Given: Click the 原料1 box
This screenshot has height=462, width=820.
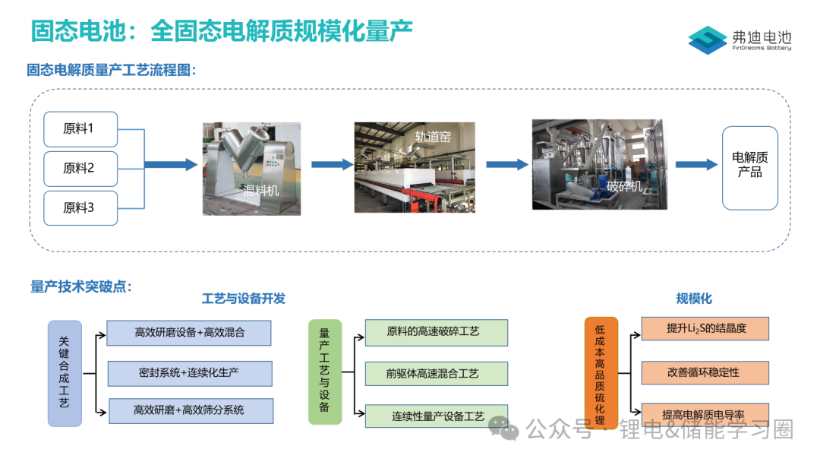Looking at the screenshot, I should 80,129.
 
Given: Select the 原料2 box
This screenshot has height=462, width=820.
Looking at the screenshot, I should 80,169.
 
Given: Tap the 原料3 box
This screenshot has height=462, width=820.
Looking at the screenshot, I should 80,208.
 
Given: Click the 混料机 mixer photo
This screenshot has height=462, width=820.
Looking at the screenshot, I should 251,169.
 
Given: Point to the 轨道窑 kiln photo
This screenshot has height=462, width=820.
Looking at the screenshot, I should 415,167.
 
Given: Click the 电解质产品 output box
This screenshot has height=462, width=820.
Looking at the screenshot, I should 749,167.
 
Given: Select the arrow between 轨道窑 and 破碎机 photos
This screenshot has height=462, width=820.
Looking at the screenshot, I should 506,164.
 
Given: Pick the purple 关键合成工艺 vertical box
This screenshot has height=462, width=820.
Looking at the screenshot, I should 65,372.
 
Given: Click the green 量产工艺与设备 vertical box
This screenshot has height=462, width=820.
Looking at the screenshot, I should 325,372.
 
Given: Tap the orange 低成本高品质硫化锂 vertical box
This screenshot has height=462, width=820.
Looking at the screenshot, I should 601,372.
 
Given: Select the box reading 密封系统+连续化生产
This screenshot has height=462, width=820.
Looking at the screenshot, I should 190,373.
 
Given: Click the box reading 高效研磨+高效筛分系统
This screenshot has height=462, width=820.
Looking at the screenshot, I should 191,410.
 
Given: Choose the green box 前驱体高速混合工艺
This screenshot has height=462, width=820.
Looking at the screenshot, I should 436,373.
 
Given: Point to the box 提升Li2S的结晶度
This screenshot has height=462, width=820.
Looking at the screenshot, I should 705,328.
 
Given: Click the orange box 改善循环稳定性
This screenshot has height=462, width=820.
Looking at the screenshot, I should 705,372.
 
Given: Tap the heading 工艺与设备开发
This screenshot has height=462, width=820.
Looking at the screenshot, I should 244,299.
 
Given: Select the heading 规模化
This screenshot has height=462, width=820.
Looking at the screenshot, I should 694,299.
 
